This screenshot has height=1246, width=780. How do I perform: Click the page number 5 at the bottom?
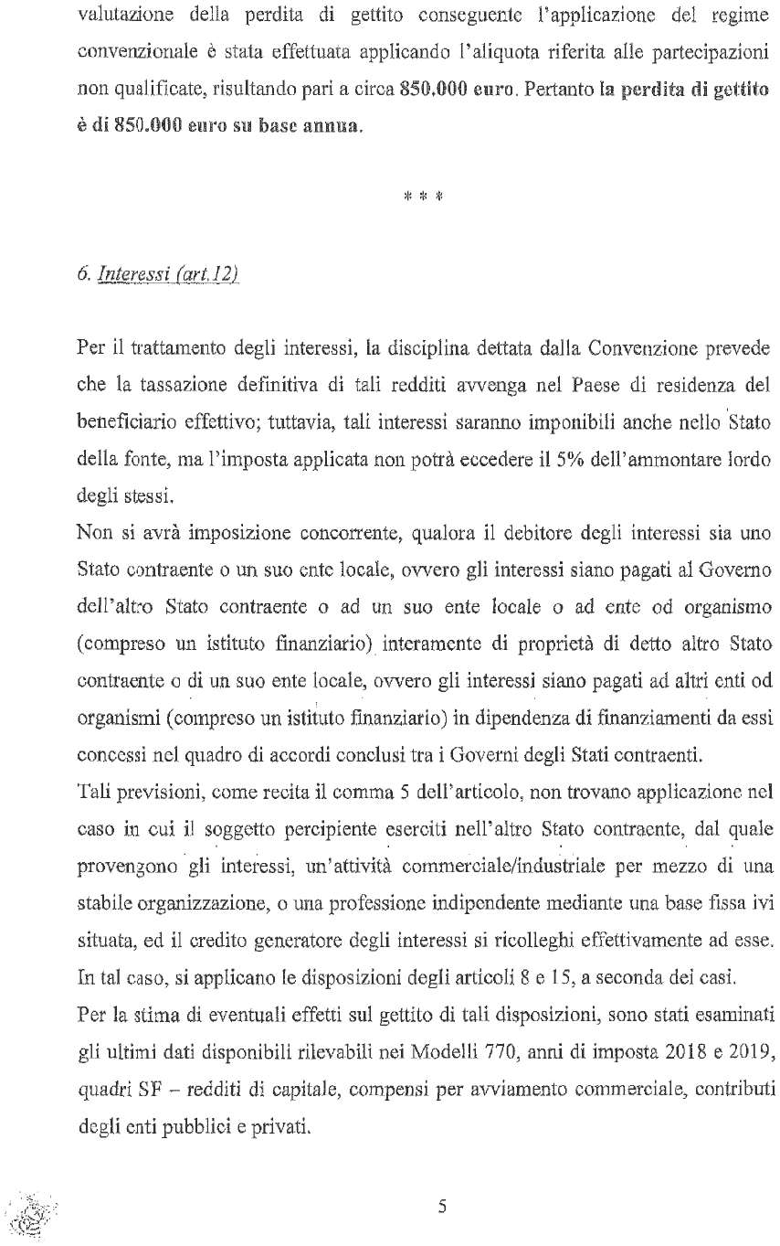click(441, 1206)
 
